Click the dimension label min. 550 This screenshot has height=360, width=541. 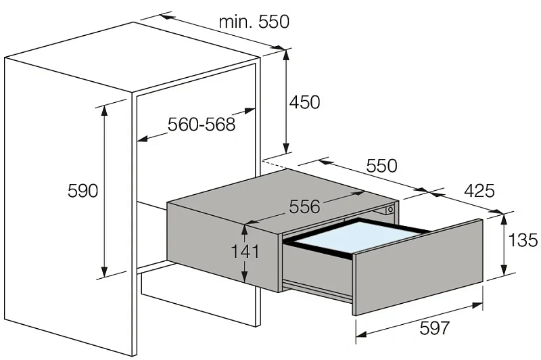coord(254,22)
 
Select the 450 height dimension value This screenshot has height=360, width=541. coord(305,102)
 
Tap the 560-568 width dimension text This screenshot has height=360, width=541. coord(202,125)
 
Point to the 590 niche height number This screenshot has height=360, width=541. coord(83,191)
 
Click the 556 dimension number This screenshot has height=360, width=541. coord(305,207)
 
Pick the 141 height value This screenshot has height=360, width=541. coord(245,252)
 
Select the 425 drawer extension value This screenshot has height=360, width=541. coord(479,191)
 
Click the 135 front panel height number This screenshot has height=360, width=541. coord(523,240)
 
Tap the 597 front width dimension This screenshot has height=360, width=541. coord(435,328)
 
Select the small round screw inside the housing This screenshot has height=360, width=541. coord(390,210)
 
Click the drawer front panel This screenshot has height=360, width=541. coord(418,267)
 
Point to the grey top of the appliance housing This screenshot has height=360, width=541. coord(282,200)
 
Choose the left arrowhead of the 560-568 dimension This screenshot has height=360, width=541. coord(143,139)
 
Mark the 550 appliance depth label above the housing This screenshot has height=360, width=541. coord(381,166)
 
